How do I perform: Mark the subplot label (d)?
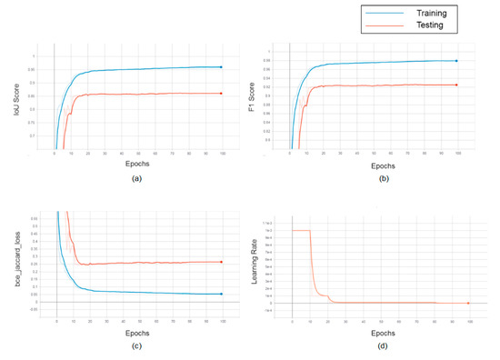pos(380,345)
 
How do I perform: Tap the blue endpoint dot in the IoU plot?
pos(221,67)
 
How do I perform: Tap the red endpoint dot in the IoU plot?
pos(221,94)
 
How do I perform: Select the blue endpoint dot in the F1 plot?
pos(455,61)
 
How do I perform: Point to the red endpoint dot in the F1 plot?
pos(455,85)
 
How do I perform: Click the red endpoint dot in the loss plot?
pos(221,262)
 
